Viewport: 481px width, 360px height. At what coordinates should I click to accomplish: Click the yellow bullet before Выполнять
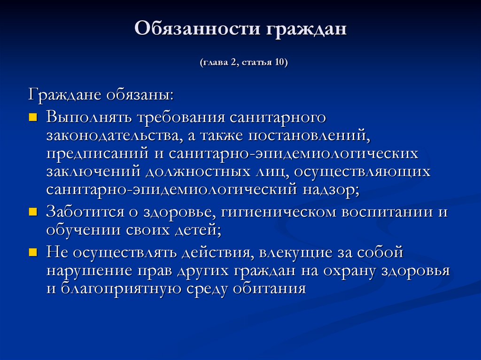point(32,117)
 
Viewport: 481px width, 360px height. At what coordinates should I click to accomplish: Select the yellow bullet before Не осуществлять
point(32,252)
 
